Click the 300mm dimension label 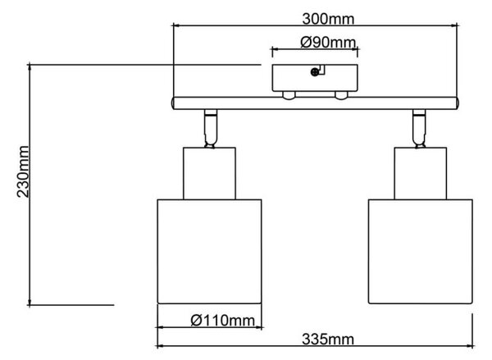[x=328, y=19]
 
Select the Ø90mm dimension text [x=328, y=43]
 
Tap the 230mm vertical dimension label [x=23, y=171]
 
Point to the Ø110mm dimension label [x=223, y=321]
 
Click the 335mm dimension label [x=328, y=339]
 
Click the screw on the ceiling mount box [x=314, y=72]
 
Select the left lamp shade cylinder [x=209, y=252]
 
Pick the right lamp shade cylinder [x=421, y=252]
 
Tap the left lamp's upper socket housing [x=209, y=173]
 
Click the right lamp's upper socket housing [x=421, y=173]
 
